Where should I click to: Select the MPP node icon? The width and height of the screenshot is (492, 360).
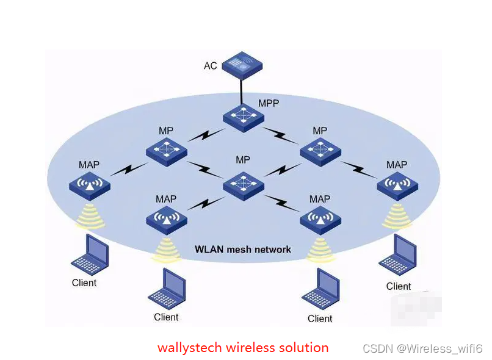click(243, 117)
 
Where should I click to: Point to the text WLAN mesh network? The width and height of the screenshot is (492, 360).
click(242, 249)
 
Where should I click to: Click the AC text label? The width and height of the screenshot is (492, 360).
click(211, 65)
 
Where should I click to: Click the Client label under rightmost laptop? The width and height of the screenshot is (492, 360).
click(399, 286)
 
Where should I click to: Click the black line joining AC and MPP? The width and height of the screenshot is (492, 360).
click(242, 91)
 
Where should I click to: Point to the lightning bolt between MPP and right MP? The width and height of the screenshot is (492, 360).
click(281, 134)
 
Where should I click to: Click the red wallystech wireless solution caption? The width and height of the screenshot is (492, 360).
click(243, 348)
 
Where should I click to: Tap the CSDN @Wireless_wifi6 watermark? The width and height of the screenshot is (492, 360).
click(422, 348)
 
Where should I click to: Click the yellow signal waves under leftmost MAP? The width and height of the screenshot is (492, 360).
click(90, 216)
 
